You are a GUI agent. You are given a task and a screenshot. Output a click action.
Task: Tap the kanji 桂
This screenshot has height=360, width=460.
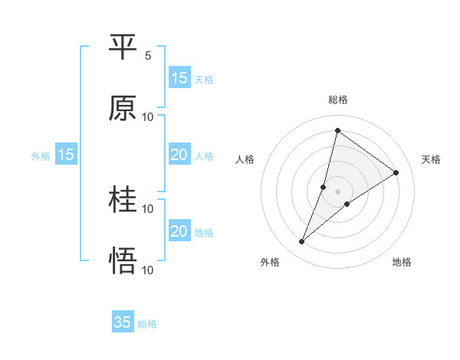[123, 200]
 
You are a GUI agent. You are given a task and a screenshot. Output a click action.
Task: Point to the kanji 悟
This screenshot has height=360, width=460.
[123, 261]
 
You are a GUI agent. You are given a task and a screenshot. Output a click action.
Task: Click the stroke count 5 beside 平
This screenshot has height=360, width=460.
[148, 56]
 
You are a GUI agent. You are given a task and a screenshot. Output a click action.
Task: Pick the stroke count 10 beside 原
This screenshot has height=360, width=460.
[148, 117]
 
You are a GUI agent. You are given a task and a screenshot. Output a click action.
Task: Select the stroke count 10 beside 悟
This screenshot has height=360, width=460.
[148, 270]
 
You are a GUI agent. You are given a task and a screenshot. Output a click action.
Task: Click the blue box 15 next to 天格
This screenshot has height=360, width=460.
[179, 78]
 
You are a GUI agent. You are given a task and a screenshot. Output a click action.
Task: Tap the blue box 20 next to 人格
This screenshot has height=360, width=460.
[179, 155]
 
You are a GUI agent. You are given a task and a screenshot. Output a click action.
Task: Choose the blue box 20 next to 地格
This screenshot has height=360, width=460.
[179, 231]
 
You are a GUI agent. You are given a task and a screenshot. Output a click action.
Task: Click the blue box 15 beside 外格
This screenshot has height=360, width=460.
[66, 155]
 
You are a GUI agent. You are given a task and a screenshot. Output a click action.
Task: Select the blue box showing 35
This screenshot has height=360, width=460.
[123, 322]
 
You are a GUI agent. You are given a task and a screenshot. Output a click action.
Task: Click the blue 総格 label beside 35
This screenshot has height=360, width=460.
[148, 324]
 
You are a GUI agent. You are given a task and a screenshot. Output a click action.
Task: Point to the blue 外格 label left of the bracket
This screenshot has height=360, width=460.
[41, 156]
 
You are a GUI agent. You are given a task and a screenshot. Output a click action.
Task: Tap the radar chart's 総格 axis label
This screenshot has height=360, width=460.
[338, 100]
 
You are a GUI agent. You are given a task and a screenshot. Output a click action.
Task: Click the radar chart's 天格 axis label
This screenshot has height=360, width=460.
[432, 159]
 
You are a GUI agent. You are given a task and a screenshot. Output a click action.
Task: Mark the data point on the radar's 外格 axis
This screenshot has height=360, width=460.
[302, 242]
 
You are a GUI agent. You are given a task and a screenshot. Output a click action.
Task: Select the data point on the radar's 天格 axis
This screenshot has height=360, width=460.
[396, 172]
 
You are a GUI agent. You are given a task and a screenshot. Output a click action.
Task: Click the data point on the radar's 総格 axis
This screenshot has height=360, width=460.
[337, 130]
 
